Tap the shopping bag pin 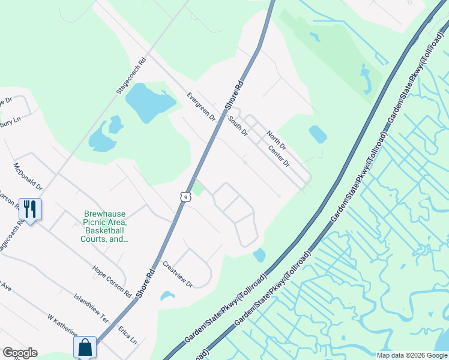pyautogui.click(x=85, y=347)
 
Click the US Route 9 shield pyautogui.click(x=185, y=196)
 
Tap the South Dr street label pyautogui.click(x=238, y=125)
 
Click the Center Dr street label pyautogui.click(x=279, y=155)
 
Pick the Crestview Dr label pyautogui.click(x=177, y=274)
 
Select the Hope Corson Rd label pyautogui.click(x=112, y=281)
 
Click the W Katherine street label pyautogui.click(x=63, y=325)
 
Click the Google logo pyautogui.click(x=20, y=353)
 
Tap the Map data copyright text pyautogui.click(x=411, y=355)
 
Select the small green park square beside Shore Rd pyautogui.click(x=199, y=188)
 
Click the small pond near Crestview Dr pyautogui.click(x=167, y=296)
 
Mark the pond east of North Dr pyautogui.click(x=318, y=134)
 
